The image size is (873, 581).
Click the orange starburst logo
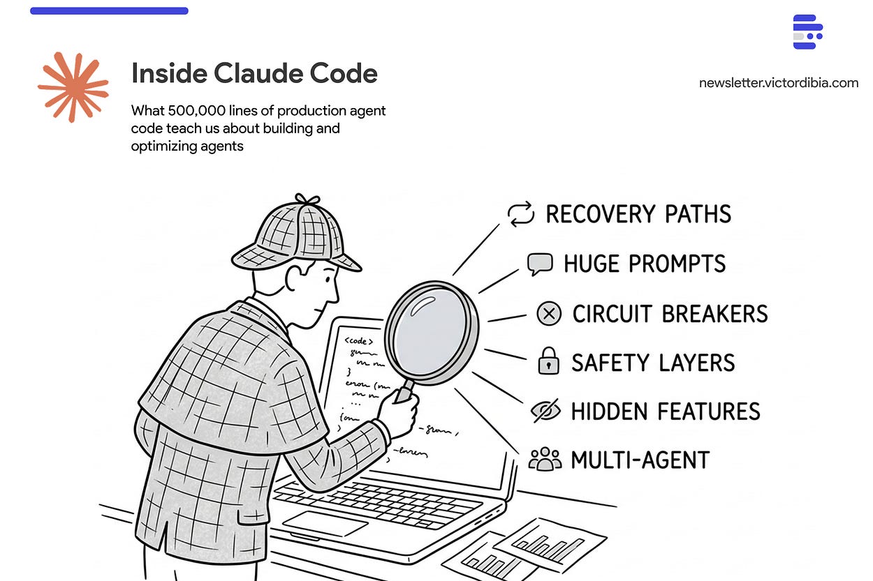[x=73, y=87]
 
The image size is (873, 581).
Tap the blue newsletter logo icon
[x=807, y=31]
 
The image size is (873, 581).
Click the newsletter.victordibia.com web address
[x=778, y=83]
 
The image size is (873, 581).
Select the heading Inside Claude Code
[x=254, y=74]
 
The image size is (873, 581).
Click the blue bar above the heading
[x=109, y=10]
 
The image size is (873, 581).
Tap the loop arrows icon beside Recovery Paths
[x=521, y=213]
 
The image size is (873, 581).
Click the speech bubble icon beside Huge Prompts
[x=539, y=264]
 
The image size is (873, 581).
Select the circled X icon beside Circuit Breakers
[x=549, y=314]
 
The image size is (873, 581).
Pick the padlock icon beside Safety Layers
[x=549, y=363]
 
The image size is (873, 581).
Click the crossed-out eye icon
[x=545, y=411]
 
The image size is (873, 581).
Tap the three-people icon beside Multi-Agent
[x=545, y=460]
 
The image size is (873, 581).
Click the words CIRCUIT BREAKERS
[x=670, y=314]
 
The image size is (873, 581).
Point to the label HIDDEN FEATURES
[x=666, y=412]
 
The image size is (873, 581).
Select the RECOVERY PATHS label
[x=638, y=214]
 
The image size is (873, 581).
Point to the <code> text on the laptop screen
[x=358, y=341]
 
